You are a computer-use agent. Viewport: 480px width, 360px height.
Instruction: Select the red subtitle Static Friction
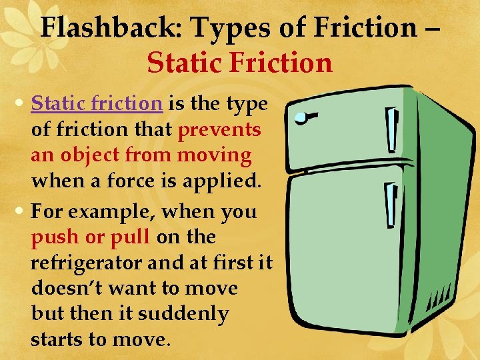pos(240,63)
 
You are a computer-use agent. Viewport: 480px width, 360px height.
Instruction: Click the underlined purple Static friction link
pos(97,104)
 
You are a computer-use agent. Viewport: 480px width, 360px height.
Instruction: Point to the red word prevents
pos(219,129)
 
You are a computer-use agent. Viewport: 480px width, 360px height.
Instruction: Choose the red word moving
pos(215,155)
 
